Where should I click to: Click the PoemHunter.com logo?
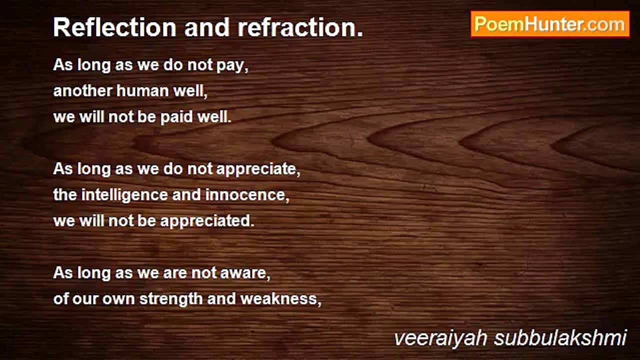[549, 24]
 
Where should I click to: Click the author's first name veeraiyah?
[440, 338]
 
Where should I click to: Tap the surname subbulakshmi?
[560, 338]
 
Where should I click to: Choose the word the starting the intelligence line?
[65, 195]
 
